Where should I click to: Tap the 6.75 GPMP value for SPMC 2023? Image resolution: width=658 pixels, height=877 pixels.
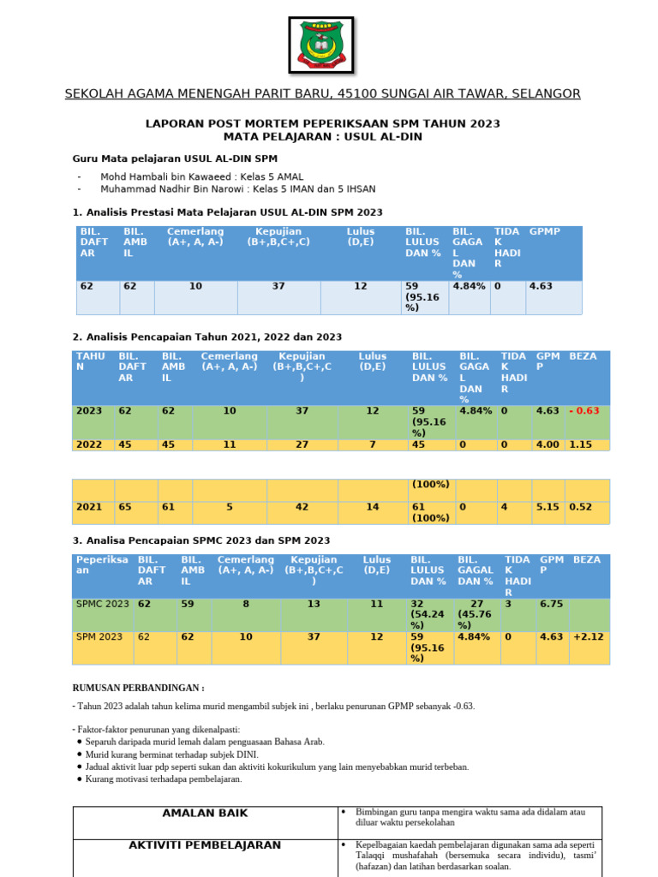[550, 604]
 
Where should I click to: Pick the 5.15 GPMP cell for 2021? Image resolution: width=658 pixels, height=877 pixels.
[547, 507]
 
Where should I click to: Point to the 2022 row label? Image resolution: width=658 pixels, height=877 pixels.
[89, 445]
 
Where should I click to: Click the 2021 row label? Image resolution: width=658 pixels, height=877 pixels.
[89, 507]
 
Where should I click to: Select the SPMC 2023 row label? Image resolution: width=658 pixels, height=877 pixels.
[102, 604]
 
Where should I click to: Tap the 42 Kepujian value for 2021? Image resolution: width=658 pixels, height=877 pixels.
[302, 507]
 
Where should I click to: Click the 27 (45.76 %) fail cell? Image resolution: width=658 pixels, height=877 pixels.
[476, 614]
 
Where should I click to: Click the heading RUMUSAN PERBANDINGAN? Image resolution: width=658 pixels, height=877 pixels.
[138, 688]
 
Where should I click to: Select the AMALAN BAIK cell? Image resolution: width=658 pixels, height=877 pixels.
[205, 813]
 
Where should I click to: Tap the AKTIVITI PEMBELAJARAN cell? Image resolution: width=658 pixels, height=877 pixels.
[205, 845]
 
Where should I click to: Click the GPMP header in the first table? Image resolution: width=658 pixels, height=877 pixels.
[545, 232]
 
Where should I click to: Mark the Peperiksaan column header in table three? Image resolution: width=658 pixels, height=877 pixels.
[102, 564]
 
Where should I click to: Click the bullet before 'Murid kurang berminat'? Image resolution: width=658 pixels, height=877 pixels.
[80, 755]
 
